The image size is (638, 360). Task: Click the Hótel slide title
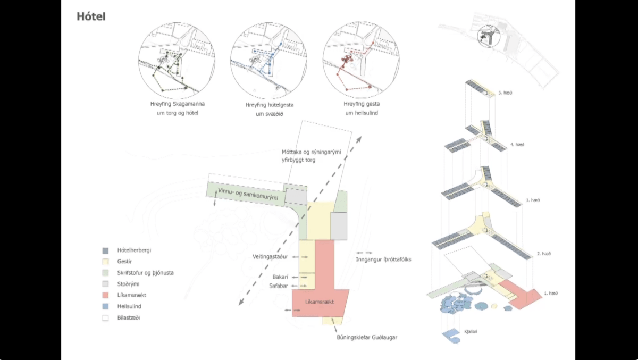click(91, 16)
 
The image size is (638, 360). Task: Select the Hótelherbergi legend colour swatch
click(105, 249)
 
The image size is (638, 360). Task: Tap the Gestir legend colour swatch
click(105, 261)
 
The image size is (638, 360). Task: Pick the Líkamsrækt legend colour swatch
click(105, 295)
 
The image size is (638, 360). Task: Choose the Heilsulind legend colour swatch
click(105, 306)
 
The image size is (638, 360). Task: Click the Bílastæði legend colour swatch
click(105, 318)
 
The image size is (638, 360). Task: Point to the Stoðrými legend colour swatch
click(105, 284)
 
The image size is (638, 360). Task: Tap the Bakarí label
click(280, 277)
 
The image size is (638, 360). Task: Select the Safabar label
click(278, 286)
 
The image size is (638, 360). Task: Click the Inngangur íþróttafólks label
click(384, 259)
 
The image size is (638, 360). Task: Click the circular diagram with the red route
click(361, 61)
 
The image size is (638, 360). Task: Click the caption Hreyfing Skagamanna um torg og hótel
click(177, 108)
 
